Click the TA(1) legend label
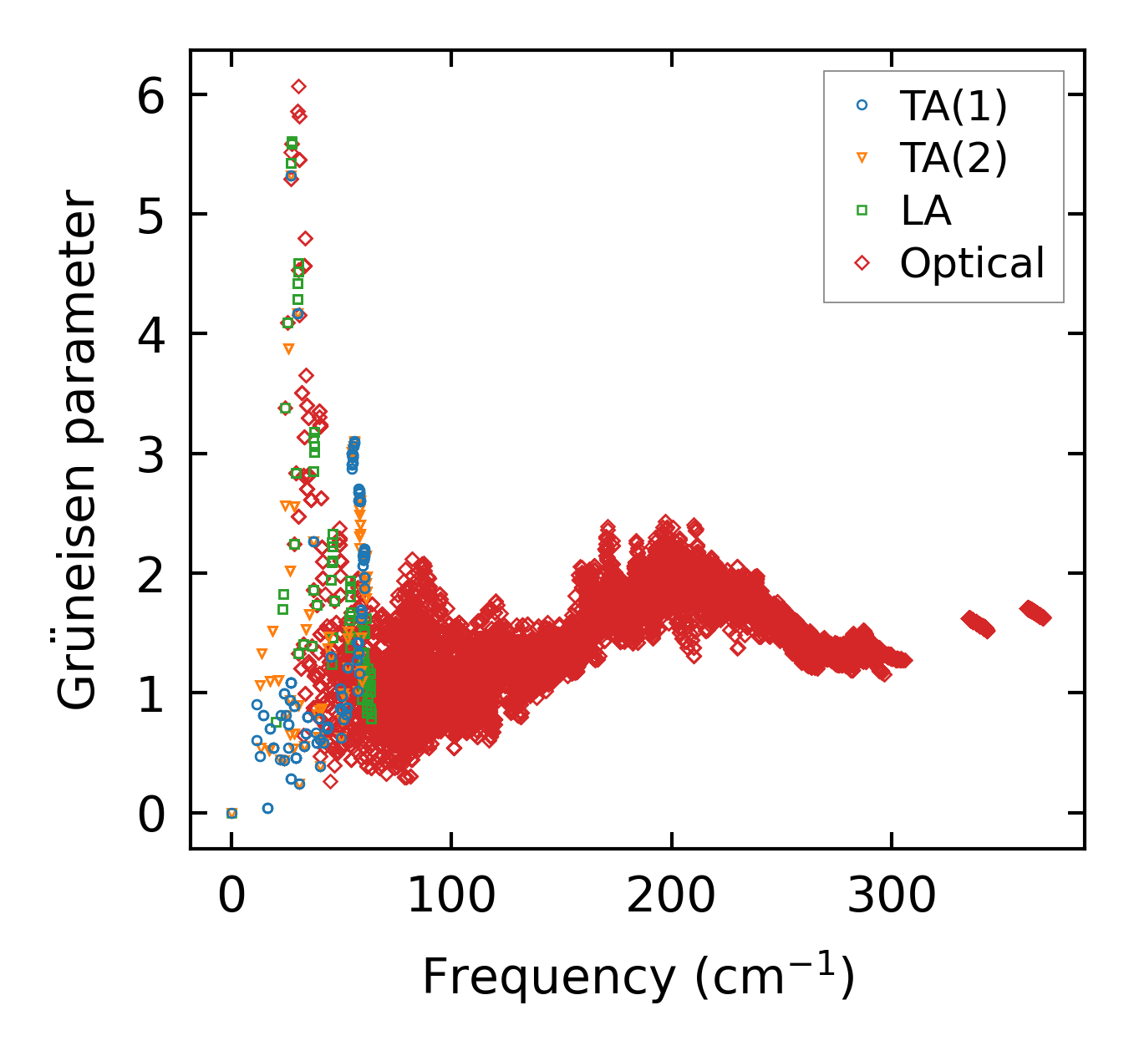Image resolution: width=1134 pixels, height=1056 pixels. [953, 105]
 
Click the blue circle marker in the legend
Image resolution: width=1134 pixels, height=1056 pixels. [862, 105]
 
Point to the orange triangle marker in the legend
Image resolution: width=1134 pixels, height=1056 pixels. [862, 158]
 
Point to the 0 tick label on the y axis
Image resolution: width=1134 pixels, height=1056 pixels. [152, 814]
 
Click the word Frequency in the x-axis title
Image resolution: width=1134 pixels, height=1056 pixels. [548, 976]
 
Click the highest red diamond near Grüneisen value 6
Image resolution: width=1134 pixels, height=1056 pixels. [298, 86]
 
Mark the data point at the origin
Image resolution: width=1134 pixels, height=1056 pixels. [231, 813]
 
